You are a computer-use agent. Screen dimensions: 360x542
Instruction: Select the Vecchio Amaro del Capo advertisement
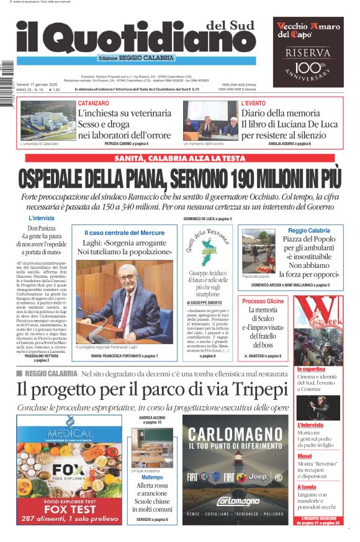tap(308, 52)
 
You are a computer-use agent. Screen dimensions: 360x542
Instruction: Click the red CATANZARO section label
tap(93, 103)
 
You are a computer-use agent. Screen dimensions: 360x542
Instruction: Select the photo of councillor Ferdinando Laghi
tap(125, 300)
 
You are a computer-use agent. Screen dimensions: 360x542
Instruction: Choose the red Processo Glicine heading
tap(263, 301)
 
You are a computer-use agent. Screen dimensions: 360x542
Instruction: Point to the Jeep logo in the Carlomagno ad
tap(256, 477)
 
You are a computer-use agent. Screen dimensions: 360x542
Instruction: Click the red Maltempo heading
tap(152, 478)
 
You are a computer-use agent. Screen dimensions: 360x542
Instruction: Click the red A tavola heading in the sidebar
tap(307, 487)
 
